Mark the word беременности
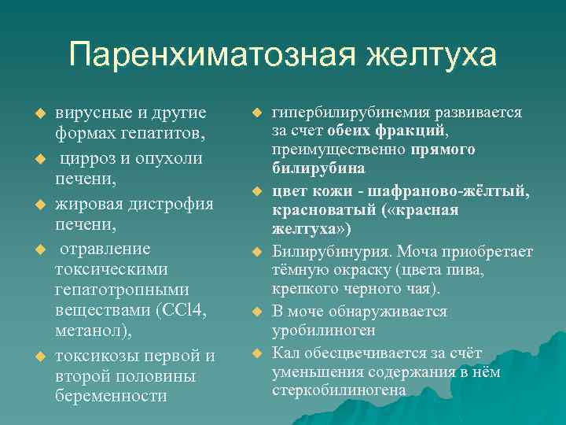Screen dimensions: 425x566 112,396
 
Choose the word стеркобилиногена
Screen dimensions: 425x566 340,390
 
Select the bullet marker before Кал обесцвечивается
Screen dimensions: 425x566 255,352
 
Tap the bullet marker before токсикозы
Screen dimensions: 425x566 34,357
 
